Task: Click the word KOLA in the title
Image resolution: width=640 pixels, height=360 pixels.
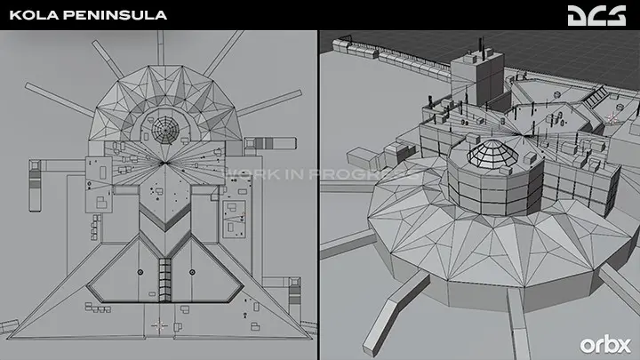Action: tap(34, 15)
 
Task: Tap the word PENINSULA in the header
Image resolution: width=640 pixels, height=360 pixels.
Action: tap(116, 15)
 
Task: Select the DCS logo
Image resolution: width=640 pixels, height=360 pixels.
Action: tap(596, 15)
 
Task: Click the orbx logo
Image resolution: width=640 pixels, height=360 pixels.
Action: tap(605, 345)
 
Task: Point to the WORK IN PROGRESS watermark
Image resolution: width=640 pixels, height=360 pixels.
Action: tap(323, 174)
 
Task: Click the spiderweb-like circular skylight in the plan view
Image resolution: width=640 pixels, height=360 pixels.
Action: tap(165, 130)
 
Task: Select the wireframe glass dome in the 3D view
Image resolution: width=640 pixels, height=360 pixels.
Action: tap(492, 154)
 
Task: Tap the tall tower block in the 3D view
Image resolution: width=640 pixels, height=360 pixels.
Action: tap(477, 79)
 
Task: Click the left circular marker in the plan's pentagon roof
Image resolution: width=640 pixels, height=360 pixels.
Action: tap(140, 272)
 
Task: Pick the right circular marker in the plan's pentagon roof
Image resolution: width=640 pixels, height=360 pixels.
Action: tap(192, 272)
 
